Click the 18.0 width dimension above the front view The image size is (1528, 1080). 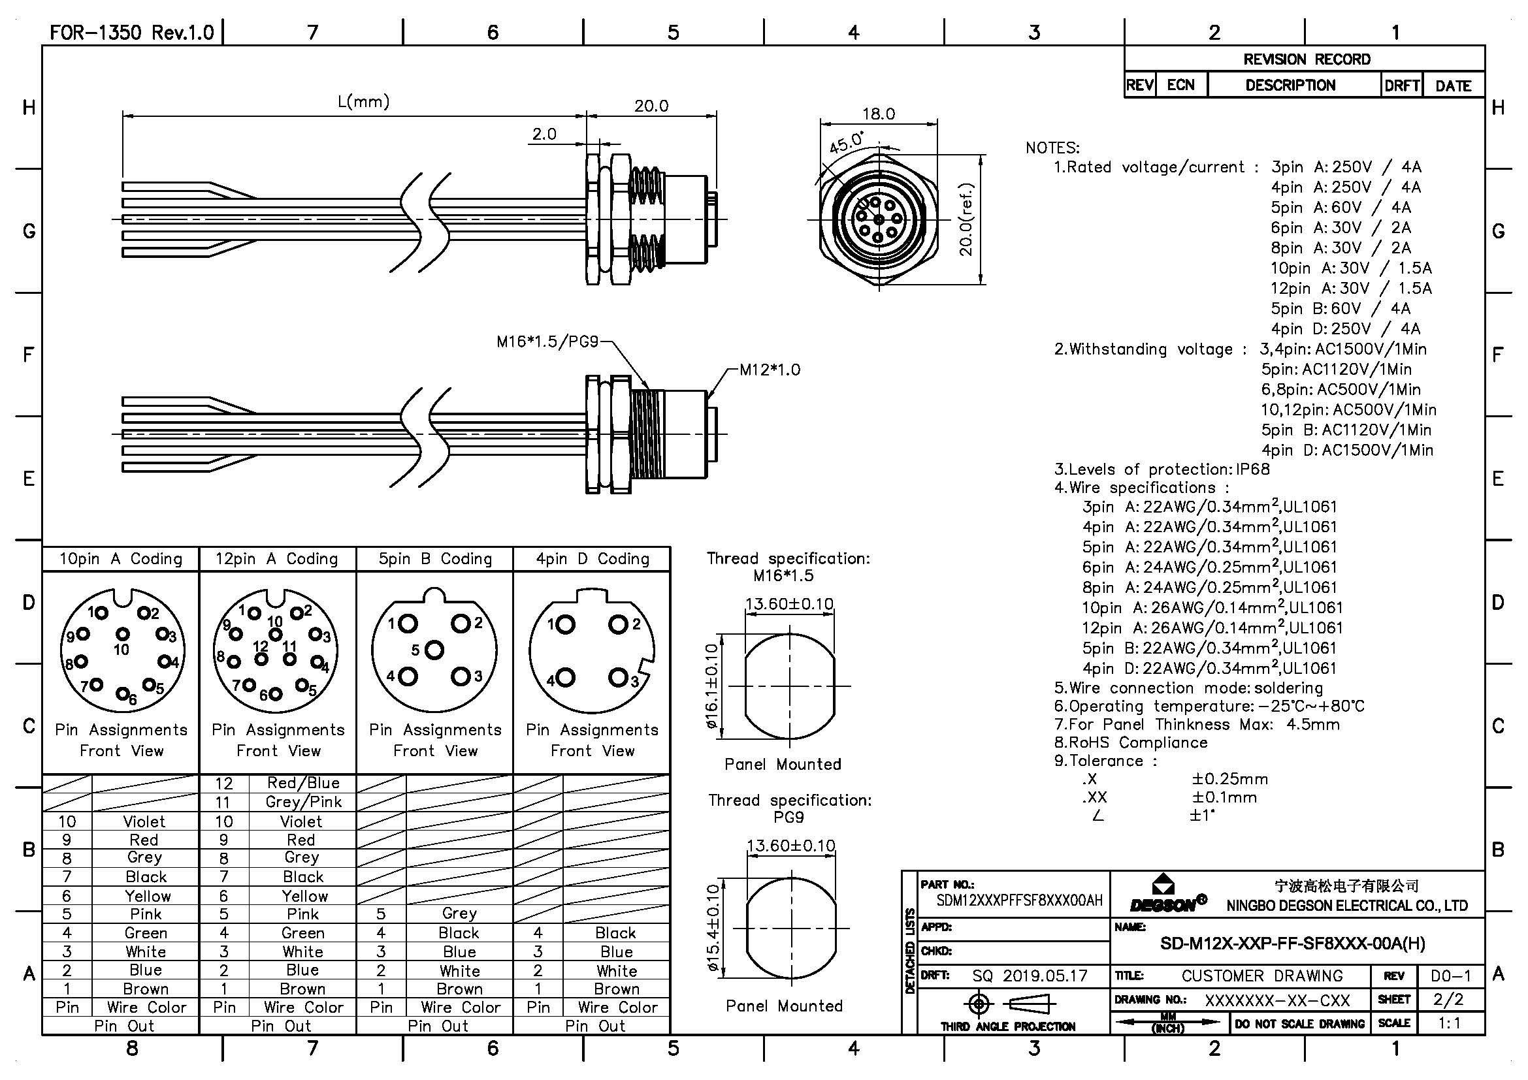click(879, 114)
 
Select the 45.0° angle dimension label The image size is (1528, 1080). click(846, 142)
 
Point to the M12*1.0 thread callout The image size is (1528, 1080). click(770, 370)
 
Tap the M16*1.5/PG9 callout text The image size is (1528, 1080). click(547, 341)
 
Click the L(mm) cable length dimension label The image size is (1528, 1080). click(363, 102)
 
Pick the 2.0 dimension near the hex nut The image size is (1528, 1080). click(544, 134)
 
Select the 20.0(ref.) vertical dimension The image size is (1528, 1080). click(967, 219)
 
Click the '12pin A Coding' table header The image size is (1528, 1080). click(277, 559)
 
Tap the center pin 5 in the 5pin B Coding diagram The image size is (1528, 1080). click(434, 650)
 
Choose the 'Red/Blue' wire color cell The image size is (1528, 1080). click(303, 783)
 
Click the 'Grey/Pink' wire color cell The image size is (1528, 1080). click(303, 802)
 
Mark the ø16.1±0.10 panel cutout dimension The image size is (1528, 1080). click(711, 686)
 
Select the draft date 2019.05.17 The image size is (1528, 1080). click(1045, 976)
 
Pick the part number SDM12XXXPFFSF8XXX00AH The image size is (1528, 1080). click(1019, 900)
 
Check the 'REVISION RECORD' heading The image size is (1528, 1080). click(1307, 59)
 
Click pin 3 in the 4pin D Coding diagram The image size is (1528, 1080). click(617, 678)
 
